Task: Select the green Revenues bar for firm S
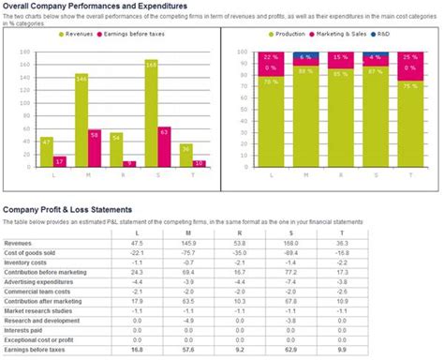click(x=151, y=112)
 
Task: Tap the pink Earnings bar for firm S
click(x=165, y=146)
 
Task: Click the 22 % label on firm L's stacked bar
click(x=270, y=57)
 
